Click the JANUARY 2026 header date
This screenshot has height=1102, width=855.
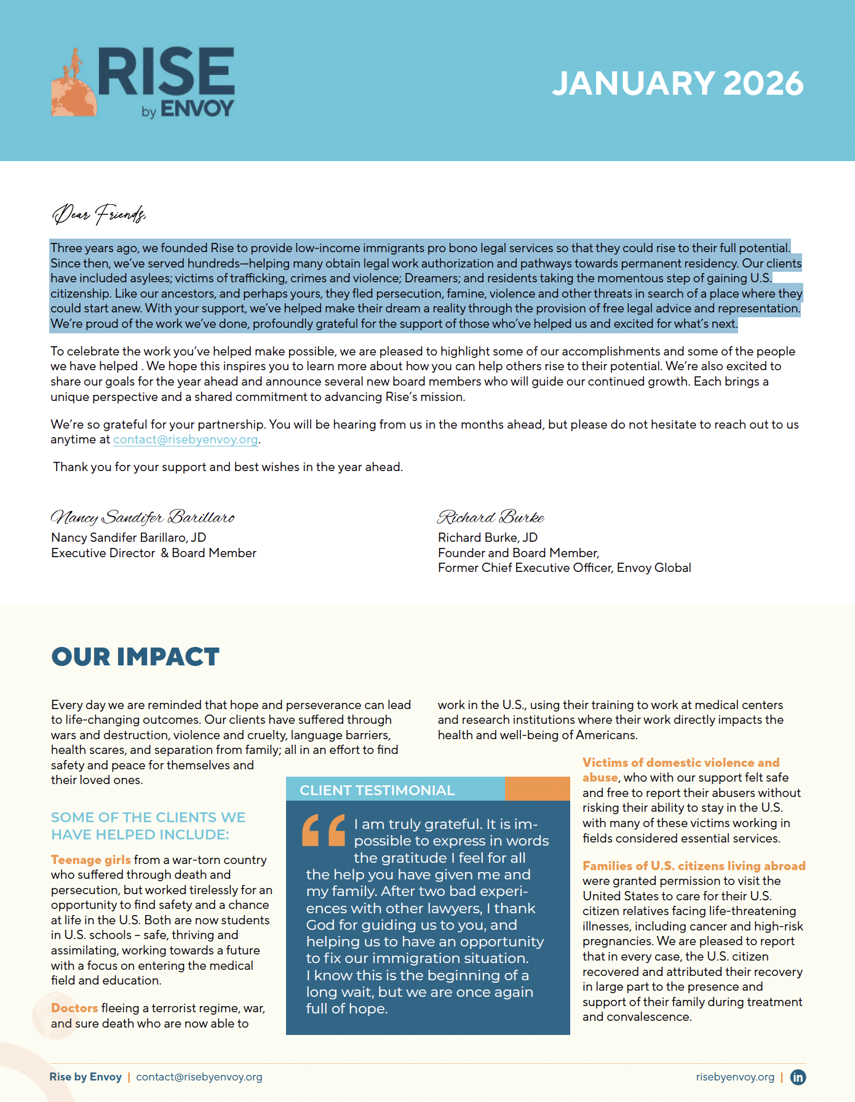677,84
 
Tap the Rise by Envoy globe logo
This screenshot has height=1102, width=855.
74,86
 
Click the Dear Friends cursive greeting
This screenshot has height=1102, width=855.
98,213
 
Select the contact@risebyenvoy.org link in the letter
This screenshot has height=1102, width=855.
185,440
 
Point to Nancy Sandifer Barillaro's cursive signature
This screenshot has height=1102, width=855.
142,517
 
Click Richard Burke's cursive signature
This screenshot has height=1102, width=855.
490,517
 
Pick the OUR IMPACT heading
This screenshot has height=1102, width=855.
135,657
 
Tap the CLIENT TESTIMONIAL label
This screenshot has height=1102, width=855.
377,790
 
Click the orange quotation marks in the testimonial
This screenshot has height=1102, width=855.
324,830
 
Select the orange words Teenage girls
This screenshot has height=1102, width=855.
91,860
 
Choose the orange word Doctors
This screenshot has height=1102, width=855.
74,1008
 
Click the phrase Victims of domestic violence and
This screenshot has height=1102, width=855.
681,763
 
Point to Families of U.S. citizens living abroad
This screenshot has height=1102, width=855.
694,866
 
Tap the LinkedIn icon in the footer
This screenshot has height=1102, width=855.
798,1077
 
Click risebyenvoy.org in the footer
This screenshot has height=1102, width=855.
735,1077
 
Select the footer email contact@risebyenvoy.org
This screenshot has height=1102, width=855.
199,1077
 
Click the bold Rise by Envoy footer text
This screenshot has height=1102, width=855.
85,1077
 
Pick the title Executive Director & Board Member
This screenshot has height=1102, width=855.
154,553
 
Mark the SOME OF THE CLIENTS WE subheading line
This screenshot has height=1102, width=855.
148,817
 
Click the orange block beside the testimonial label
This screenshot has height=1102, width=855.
538,788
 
